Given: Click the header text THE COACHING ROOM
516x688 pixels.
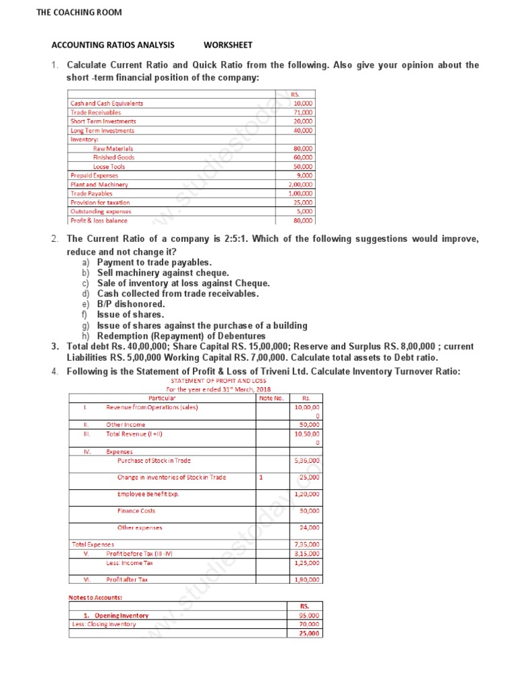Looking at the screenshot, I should pyautogui.click(x=79, y=12).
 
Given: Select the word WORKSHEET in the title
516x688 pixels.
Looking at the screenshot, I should pyautogui.click(x=228, y=45).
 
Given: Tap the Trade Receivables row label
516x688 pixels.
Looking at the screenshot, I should pyautogui.click(x=96, y=113).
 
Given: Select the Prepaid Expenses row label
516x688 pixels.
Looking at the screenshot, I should pyautogui.click(x=94, y=175).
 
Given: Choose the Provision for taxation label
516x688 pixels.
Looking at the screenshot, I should pyautogui.click(x=100, y=202).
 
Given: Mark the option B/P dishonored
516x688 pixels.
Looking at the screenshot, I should pyautogui.click(x=130, y=304).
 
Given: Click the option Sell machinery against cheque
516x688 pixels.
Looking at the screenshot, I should pyautogui.click(x=163, y=273).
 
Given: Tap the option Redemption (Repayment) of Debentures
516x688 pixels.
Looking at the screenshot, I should pyautogui.click(x=181, y=336).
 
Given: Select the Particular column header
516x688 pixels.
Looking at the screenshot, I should pyautogui.click(x=161, y=398).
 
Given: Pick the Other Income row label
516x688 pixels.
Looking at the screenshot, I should pyautogui.click(x=126, y=425).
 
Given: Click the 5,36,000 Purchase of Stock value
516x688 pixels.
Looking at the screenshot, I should pyautogui.click(x=307, y=461).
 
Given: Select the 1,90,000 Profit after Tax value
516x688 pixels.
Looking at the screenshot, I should pyautogui.click(x=307, y=579).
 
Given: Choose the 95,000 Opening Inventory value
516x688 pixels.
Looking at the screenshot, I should pyautogui.click(x=308, y=615).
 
